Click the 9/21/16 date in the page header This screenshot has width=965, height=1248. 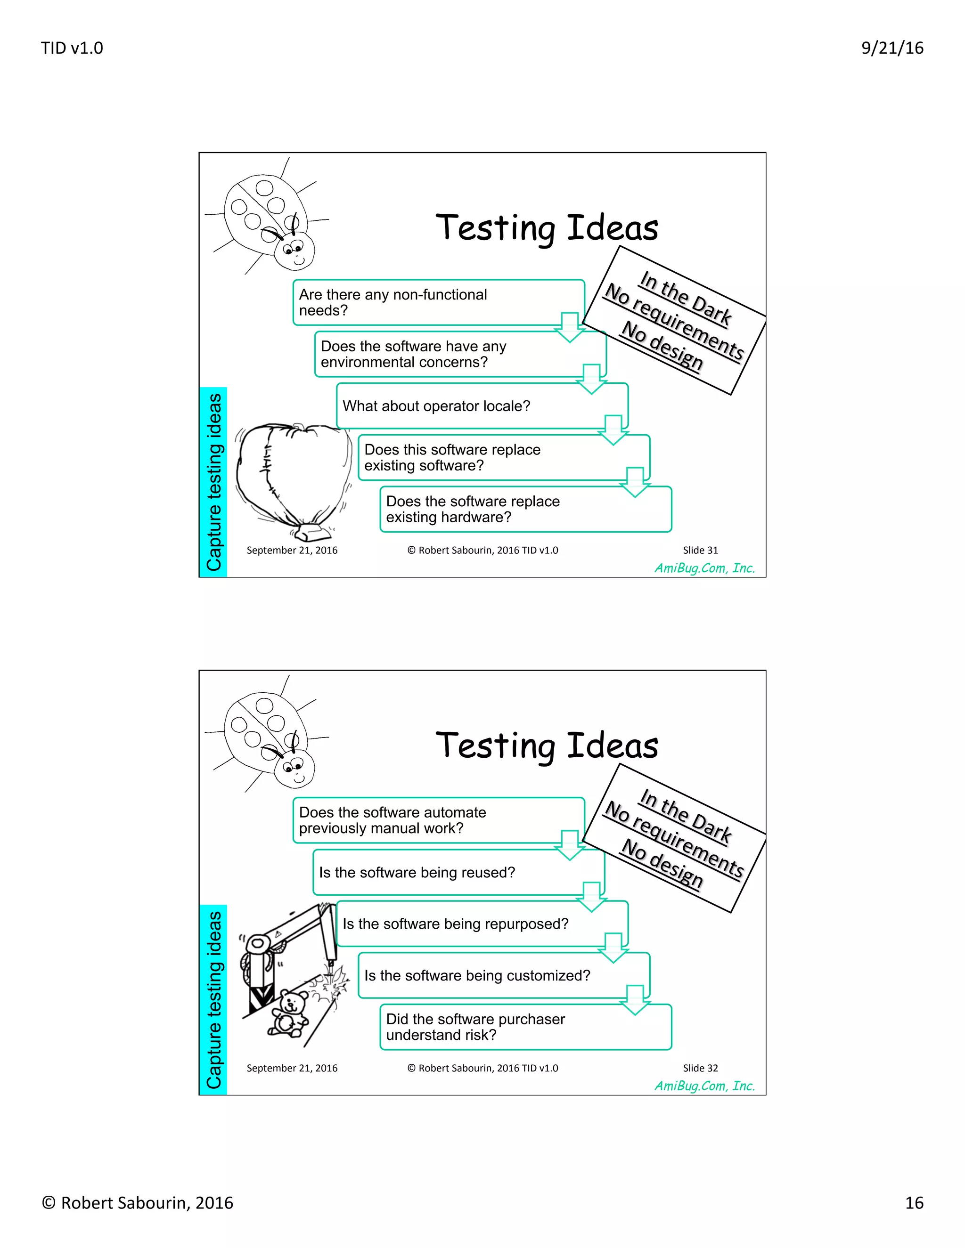tap(892, 48)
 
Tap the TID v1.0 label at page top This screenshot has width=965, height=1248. tap(72, 48)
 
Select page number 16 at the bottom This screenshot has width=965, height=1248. tap(914, 1203)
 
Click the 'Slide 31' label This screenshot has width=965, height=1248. tap(700, 550)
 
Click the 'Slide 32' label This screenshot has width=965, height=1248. tap(700, 1068)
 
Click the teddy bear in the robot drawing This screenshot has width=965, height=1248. tap(290, 1014)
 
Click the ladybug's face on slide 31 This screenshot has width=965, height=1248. tap(295, 251)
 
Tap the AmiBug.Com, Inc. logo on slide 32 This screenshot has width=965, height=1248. tap(704, 1086)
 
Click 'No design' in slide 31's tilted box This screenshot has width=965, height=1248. tap(662, 345)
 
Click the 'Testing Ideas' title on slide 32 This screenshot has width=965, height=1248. tap(547, 746)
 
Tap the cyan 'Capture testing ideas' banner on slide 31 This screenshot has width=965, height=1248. tap(213, 482)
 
